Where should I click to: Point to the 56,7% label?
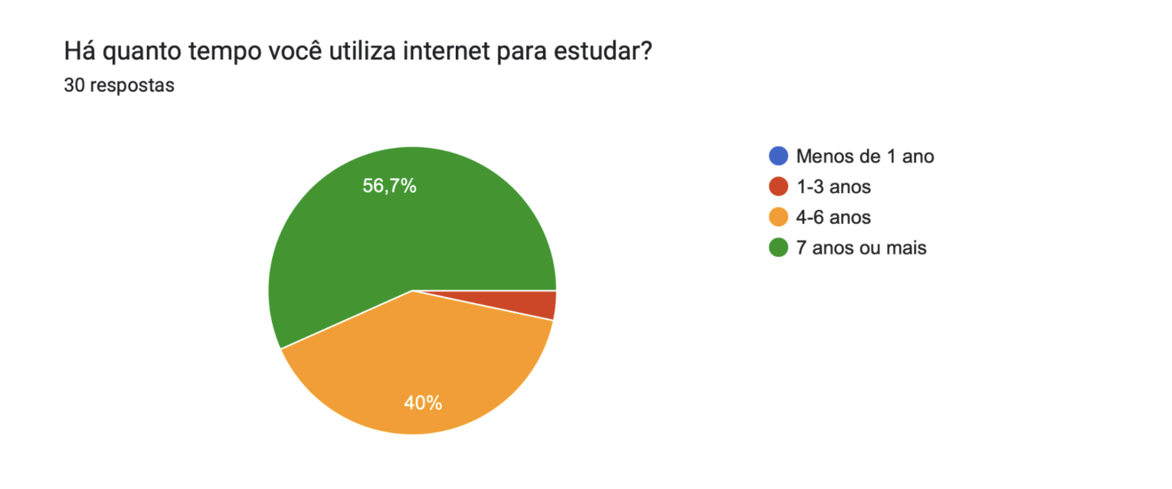tap(389, 185)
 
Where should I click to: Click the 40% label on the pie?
tap(423, 403)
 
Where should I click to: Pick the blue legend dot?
tap(778, 156)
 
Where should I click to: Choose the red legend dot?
tap(778, 186)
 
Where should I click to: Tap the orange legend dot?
tap(778, 218)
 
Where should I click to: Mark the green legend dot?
tap(778, 248)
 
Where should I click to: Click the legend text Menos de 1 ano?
tap(865, 156)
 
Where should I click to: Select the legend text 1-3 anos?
tap(833, 186)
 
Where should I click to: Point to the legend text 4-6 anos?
tap(833, 218)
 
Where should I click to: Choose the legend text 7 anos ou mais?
tap(861, 248)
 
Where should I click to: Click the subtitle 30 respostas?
tap(119, 86)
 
